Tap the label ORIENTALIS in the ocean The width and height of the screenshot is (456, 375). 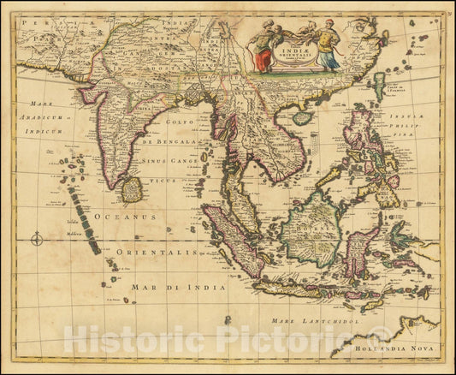(150, 253)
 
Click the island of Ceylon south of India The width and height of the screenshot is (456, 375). (132, 189)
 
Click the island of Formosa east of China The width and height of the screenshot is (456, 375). (378, 86)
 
